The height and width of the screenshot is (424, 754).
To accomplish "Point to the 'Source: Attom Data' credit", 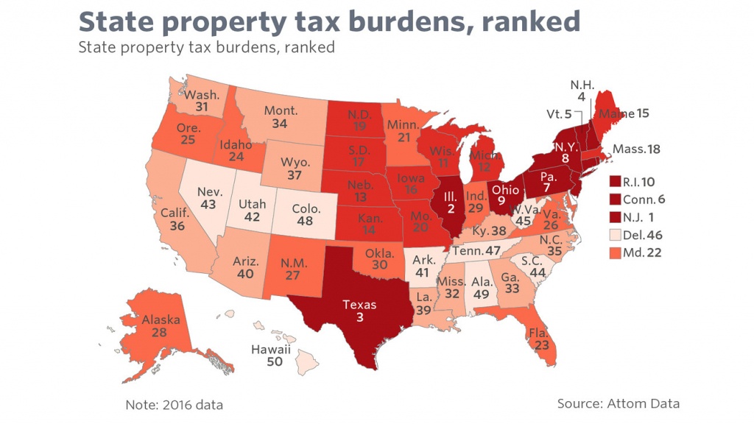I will tap(618, 403).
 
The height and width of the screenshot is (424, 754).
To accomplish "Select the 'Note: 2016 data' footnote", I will tap(174, 404).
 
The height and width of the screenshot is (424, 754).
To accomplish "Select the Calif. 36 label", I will tap(176, 219).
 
